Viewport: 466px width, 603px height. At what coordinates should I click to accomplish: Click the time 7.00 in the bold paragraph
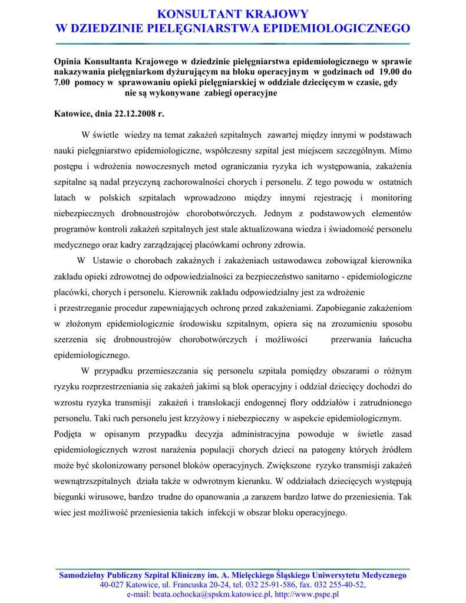click(x=63, y=82)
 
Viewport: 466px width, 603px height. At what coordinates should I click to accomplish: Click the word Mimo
click(x=401, y=151)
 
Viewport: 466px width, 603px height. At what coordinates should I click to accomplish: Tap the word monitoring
click(x=391, y=197)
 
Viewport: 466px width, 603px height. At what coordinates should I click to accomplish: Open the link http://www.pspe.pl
click(x=307, y=594)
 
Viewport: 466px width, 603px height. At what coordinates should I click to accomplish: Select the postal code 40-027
click(x=112, y=585)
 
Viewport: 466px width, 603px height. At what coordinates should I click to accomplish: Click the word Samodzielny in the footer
click(x=88, y=575)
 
